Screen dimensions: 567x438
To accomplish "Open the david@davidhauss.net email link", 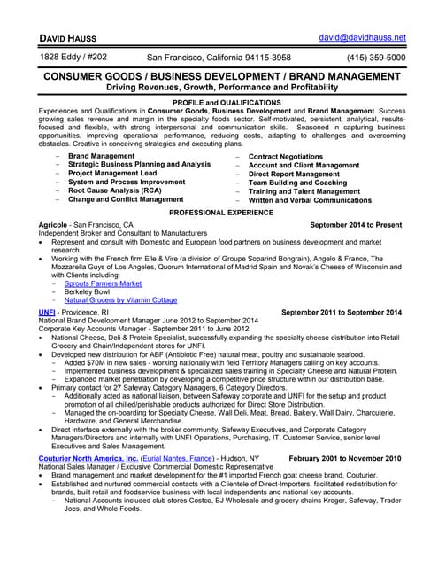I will (362, 38).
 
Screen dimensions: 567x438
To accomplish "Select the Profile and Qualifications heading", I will (219, 103).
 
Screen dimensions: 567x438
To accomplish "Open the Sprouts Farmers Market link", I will (110, 283).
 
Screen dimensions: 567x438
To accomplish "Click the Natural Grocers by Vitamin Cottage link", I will (127, 300).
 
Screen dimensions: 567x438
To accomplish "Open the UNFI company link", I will (47, 312).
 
